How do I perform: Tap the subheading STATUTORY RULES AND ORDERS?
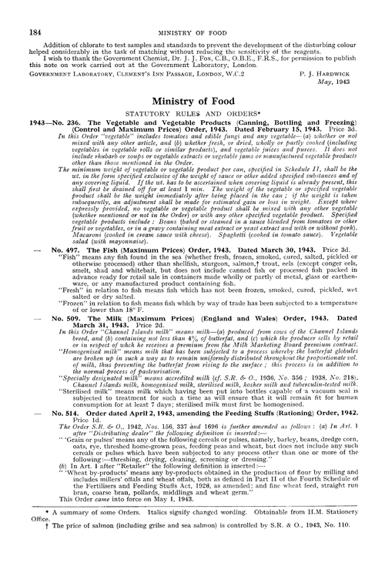tap(192, 114)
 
